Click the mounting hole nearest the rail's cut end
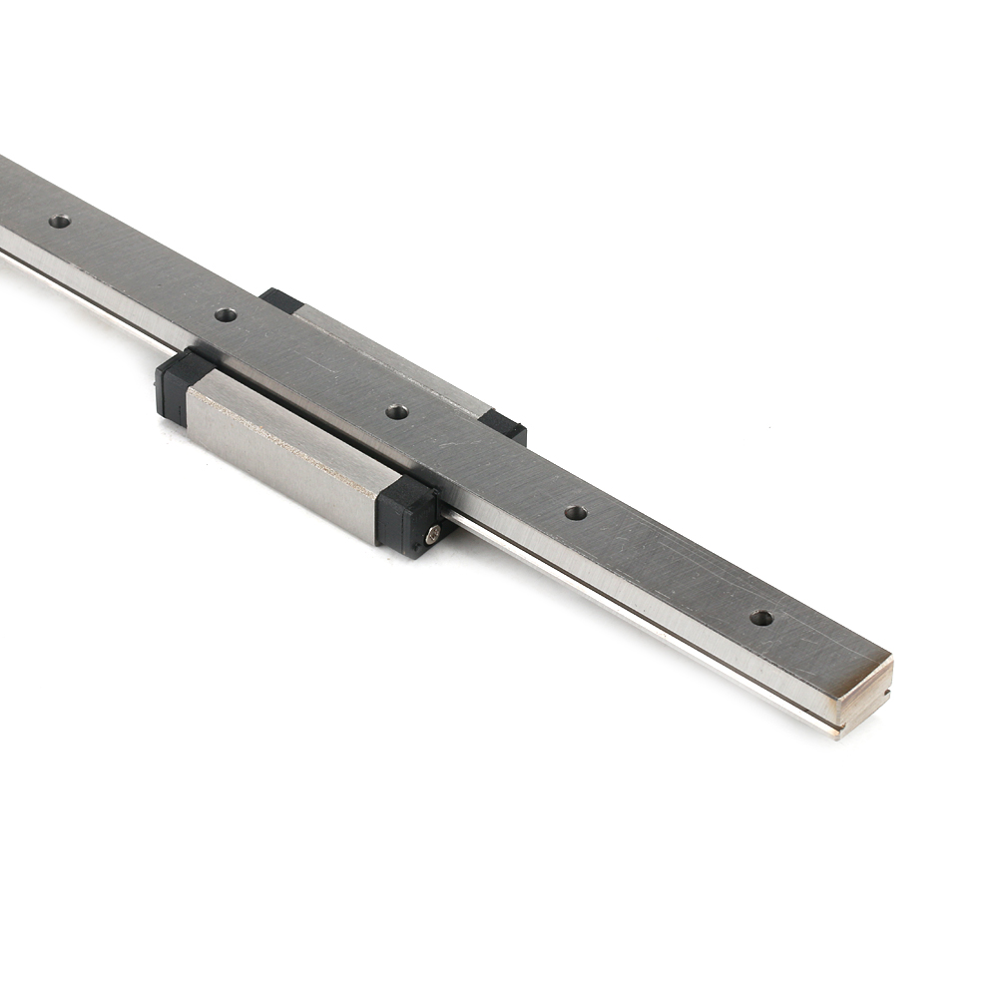[x=761, y=618]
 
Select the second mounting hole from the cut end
[x=576, y=513]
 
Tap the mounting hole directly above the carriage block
[x=397, y=411]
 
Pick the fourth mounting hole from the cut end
[x=227, y=314]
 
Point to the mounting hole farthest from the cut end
[x=60, y=221]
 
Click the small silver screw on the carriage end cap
[x=433, y=534]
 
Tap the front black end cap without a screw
[x=175, y=383]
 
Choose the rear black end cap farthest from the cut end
[x=280, y=300]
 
